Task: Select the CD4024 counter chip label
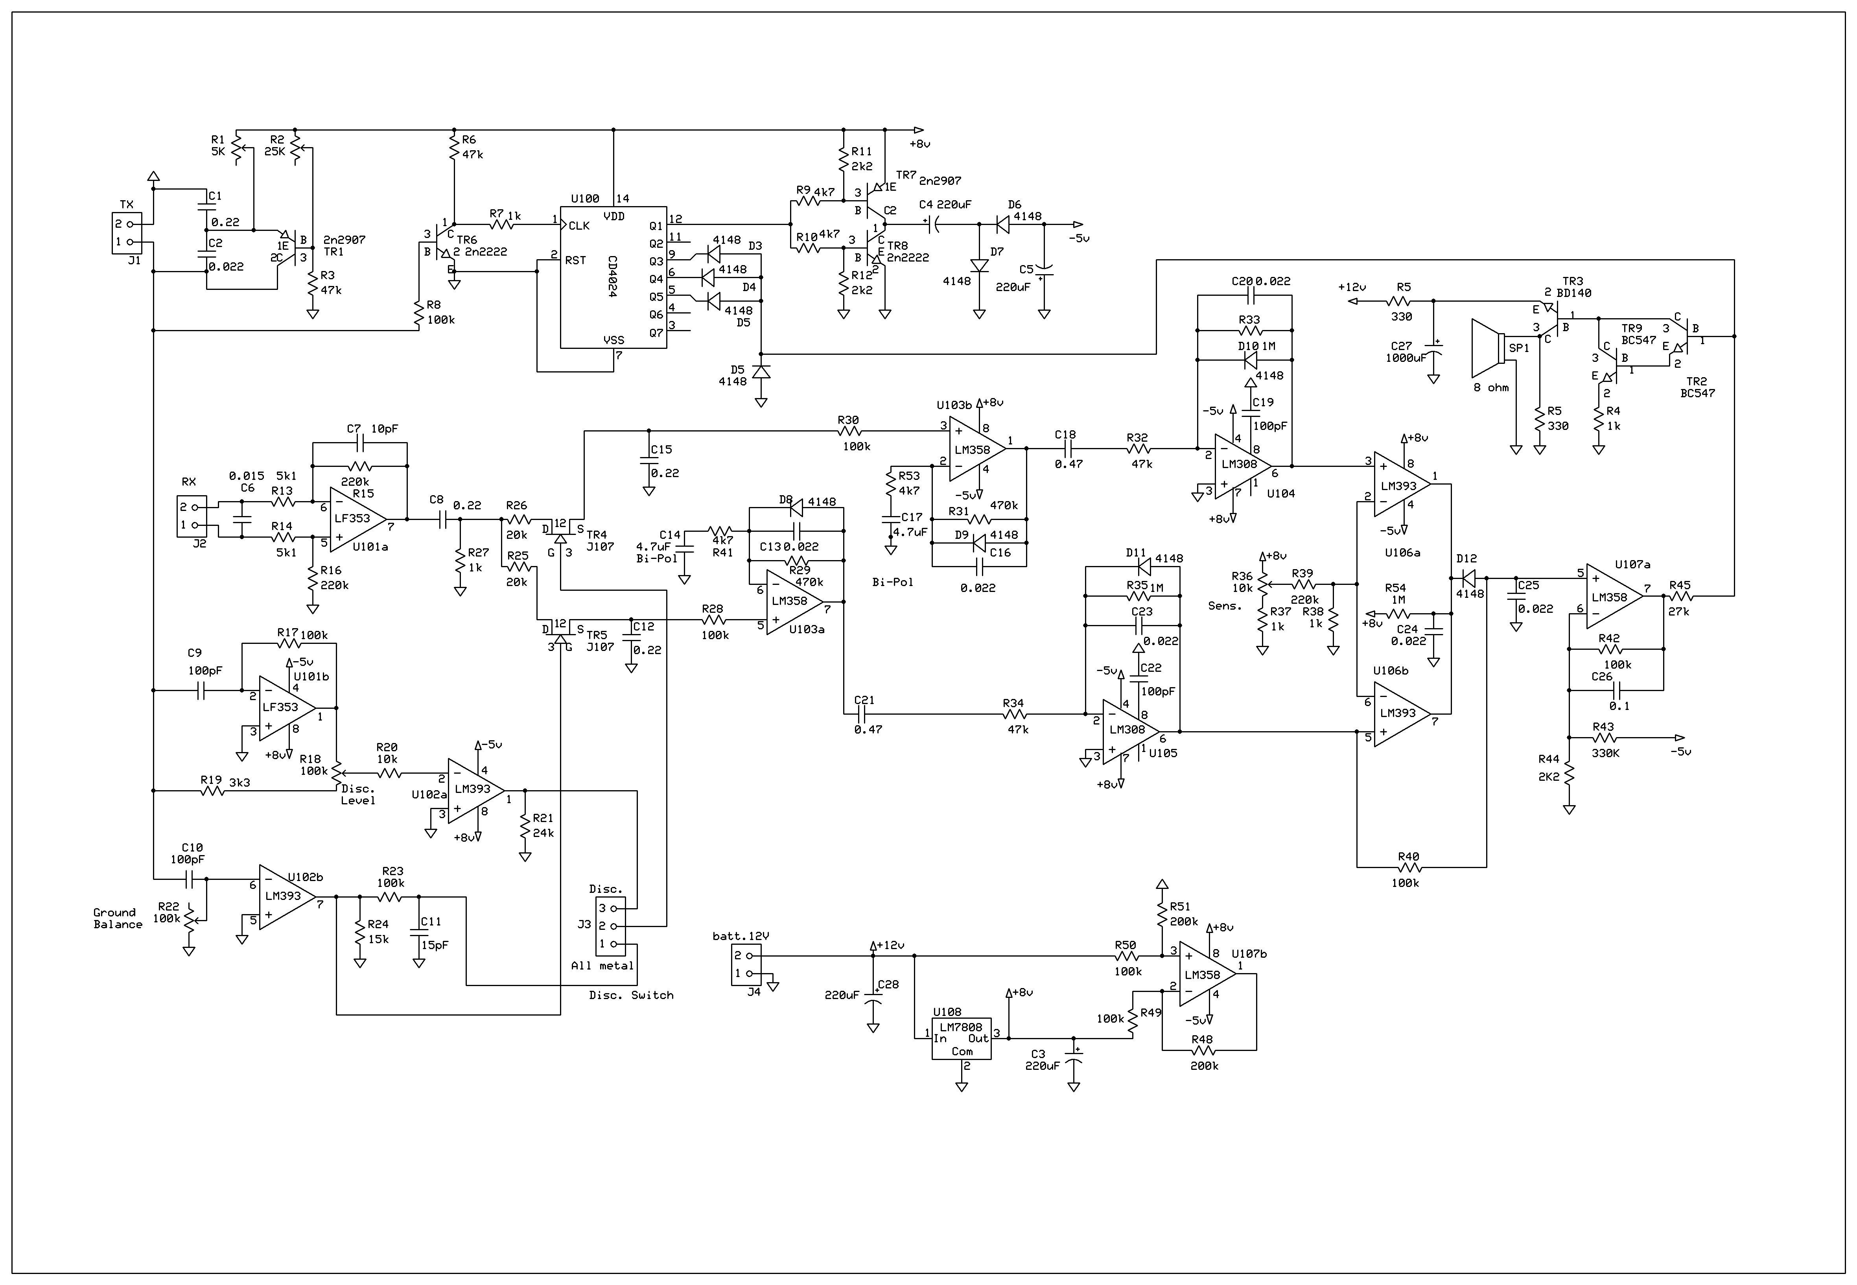pos(612,278)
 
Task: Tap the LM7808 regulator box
pos(961,1039)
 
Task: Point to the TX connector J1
pos(126,233)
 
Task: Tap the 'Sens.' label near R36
pos(1224,605)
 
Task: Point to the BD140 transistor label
pos(1574,293)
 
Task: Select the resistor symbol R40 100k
pos(1409,867)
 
